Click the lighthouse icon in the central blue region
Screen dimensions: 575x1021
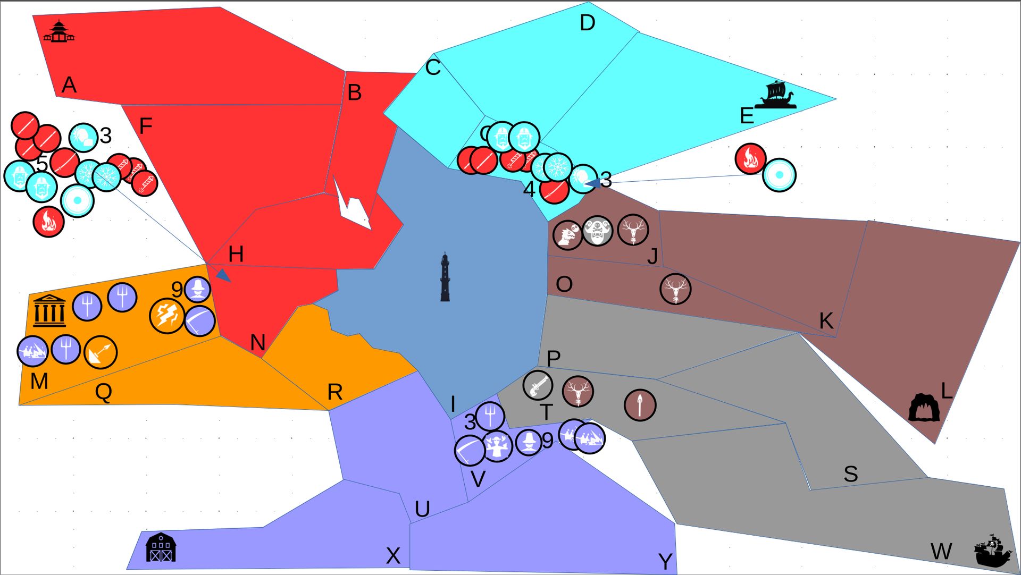pyautogui.click(x=445, y=277)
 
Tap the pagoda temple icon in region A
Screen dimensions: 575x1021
pyautogui.click(x=58, y=31)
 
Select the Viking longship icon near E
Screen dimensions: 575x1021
pyautogui.click(x=776, y=96)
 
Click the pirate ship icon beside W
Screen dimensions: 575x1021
pyautogui.click(x=992, y=551)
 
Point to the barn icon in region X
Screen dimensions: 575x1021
pyautogui.click(x=161, y=548)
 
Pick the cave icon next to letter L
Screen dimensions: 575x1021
pyautogui.click(x=924, y=408)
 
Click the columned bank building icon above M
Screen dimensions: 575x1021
pyautogui.click(x=49, y=311)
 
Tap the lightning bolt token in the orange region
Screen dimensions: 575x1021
pyautogui.click(x=167, y=316)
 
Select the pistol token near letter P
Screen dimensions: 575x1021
pyautogui.click(x=538, y=385)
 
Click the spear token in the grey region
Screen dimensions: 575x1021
pyautogui.click(x=640, y=405)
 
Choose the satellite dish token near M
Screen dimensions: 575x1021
pyautogui.click(x=101, y=352)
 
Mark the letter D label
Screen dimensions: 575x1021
pyautogui.click(x=587, y=23)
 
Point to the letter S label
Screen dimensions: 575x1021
pyautogui.click(x=850, y=473)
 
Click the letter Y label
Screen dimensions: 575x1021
pyautogui.click(x=665, y=561)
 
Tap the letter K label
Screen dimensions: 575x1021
pyautogui.click(x=826, y=321)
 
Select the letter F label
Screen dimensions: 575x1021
pyautogui.click(x=145, y=126)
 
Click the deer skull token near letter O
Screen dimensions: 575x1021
pyautogui.click(x=675, y=289)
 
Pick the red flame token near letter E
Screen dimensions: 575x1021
pyautogui.click(x=750, y=158)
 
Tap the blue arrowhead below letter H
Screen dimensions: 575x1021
pyautogui.click(x=223, y=275)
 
